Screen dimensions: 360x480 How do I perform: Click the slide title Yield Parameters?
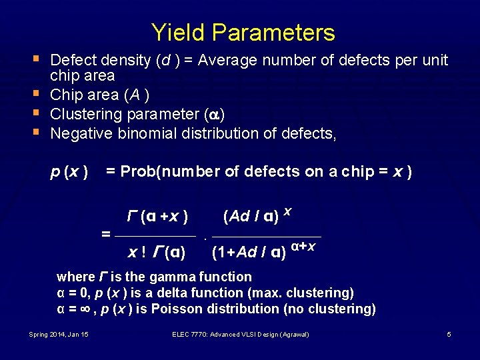point(243,32)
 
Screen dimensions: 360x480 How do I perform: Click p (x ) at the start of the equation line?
point(70,172)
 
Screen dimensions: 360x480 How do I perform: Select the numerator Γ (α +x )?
point(157,217)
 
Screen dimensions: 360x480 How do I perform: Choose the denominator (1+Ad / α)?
point(249,253)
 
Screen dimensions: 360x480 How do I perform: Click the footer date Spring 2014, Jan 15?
point(59,334)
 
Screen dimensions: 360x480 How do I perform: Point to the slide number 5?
point(449,334)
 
